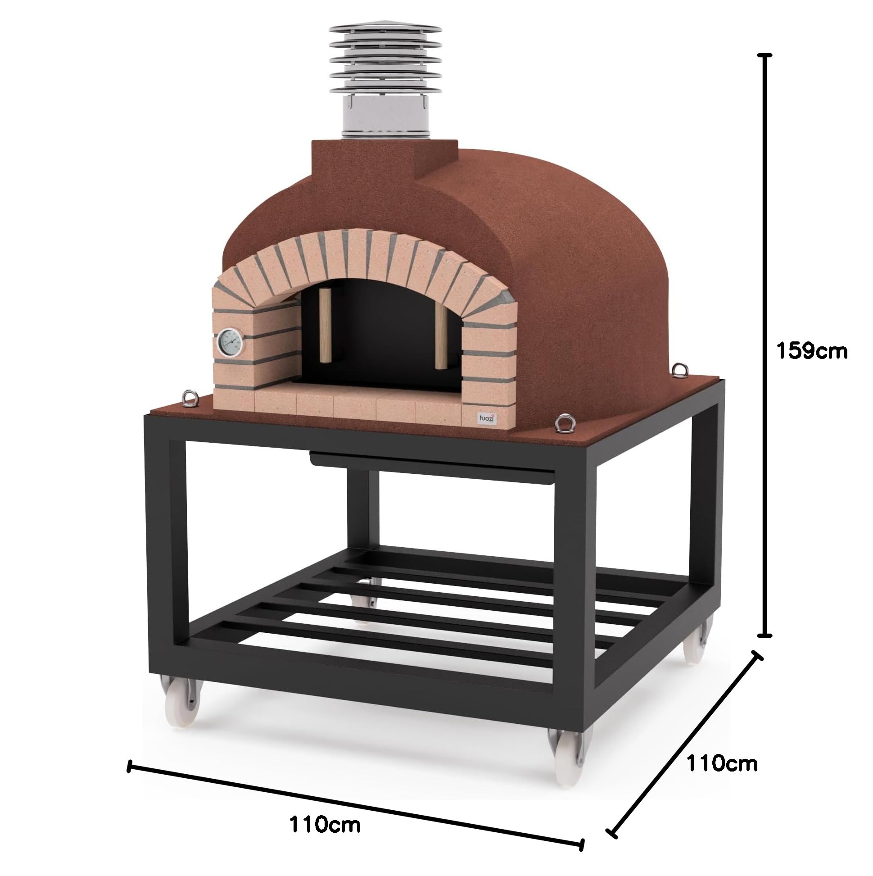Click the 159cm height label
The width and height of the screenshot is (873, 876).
(811, 351)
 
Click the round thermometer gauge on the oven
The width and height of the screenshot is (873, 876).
(230, 343)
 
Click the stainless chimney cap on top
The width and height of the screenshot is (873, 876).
(385, 68)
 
